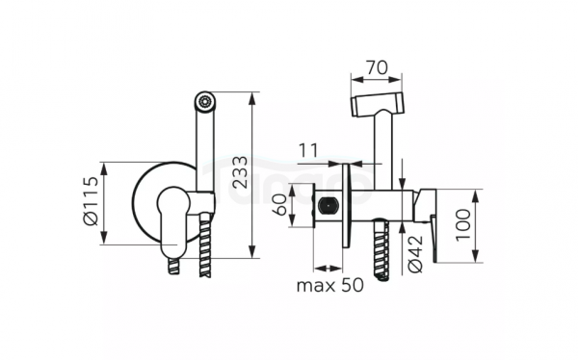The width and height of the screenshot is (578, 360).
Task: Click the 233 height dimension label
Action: click(x=242, y=172)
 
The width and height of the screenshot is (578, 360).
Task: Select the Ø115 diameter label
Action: click(x=92, y=201)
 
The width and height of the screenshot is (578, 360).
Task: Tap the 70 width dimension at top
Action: click(x=377, y=67)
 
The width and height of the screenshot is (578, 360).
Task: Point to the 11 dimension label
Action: click(x=308, y=150)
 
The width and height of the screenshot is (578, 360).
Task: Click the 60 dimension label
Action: click(x=279, y=205)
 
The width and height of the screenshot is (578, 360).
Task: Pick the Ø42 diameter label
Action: click(x=415, y=254)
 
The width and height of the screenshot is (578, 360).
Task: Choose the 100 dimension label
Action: click(x=463, y=225)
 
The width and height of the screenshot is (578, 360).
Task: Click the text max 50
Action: click(x=329, y=285)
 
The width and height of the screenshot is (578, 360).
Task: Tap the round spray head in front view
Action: click(x=205, y=101)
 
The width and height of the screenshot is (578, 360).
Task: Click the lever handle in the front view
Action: click(x=172, y=221)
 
